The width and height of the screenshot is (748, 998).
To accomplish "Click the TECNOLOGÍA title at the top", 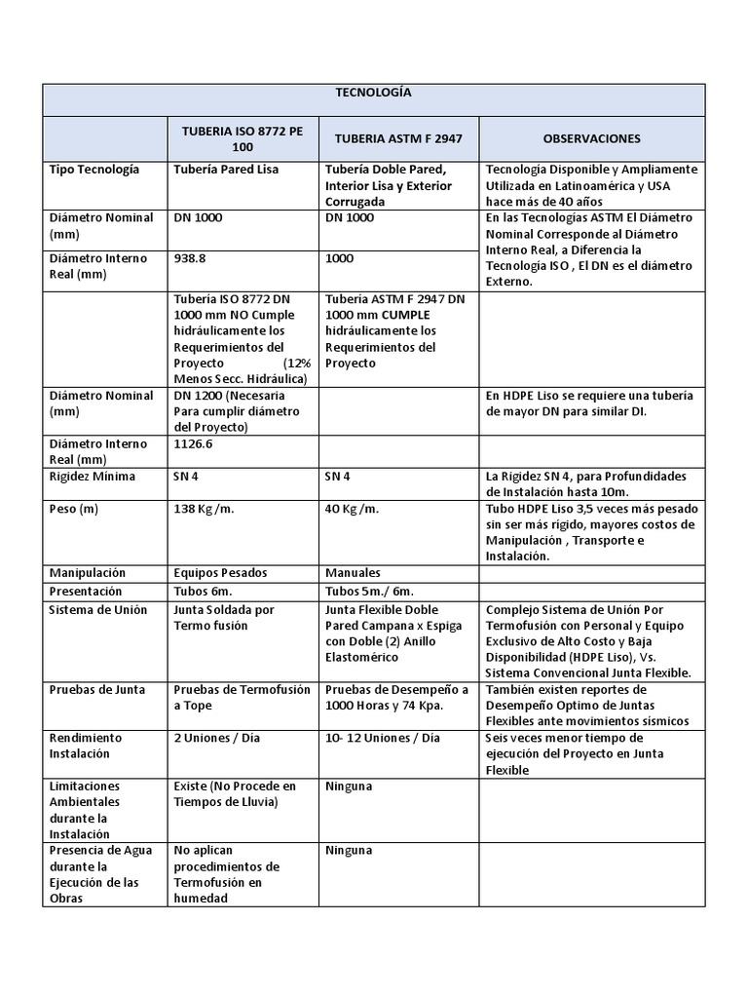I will coord(373,93).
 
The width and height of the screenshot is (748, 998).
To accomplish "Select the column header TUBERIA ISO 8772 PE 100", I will coord(243,138).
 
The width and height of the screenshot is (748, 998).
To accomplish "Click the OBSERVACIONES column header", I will coord(591,138).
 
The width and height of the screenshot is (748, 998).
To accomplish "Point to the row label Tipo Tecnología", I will coord(94,170).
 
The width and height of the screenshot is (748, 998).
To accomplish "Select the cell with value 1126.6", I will coord(195,444).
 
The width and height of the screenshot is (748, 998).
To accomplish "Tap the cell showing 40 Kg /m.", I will coord(352,509).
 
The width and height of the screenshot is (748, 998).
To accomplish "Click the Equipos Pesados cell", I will coord(220,573).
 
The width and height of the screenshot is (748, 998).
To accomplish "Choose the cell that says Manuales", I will coord(354,573).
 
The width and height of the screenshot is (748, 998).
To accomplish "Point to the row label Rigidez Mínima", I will coord(93,477).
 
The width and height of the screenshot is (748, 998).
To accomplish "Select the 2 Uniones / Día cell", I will coord(217,738).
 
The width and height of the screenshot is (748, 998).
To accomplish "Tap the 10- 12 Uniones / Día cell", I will coord(383,738).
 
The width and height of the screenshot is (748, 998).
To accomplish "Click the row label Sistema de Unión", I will coord(97,610).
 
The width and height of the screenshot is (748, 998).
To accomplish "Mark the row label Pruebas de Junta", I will coord(96,690).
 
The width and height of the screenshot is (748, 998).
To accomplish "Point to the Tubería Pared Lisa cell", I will coord(226,170).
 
